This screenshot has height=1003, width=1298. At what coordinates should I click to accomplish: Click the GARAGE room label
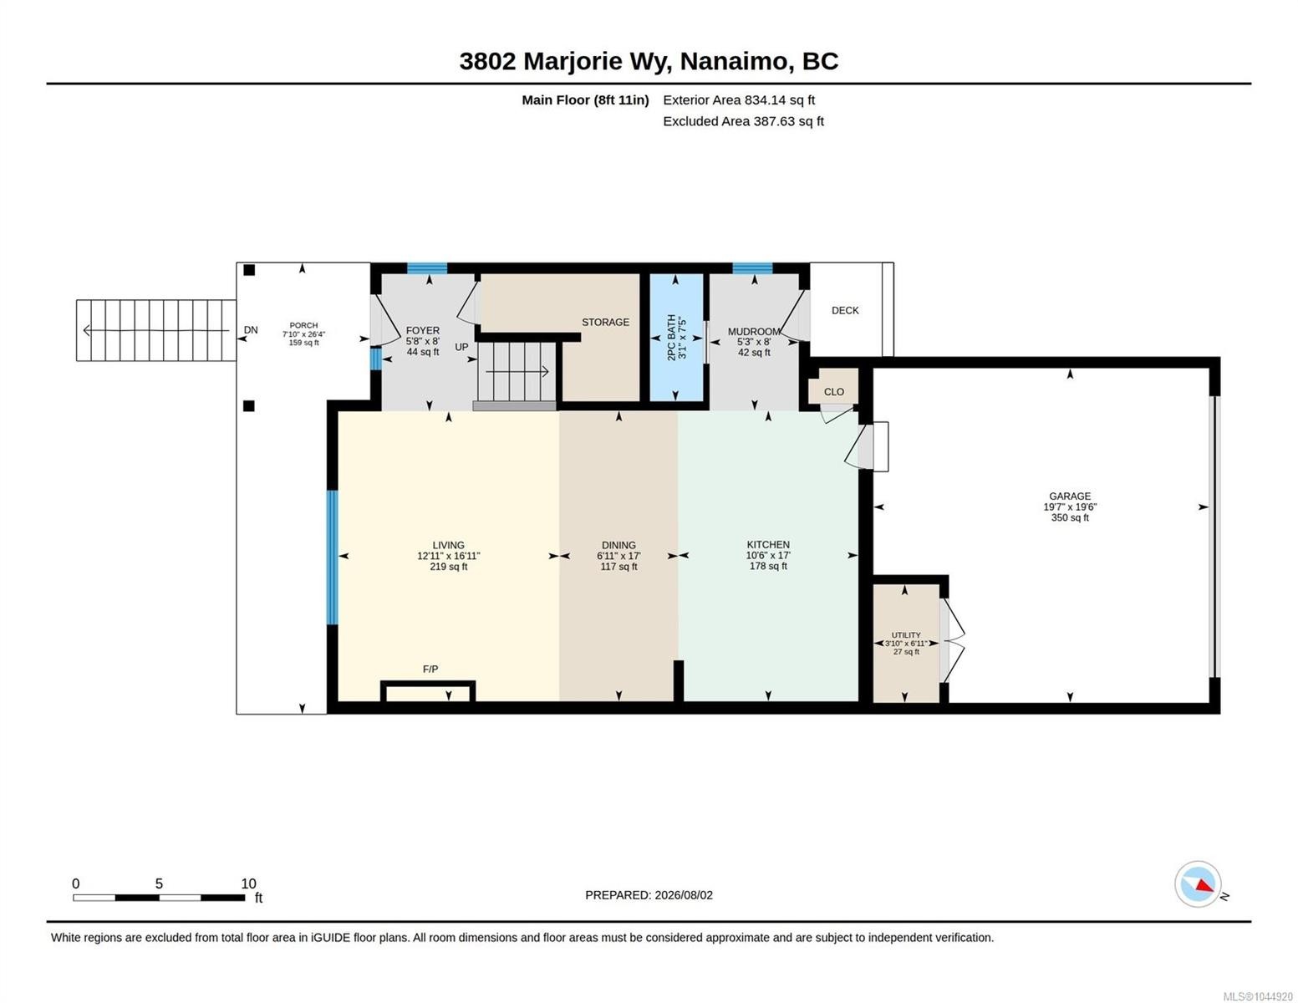pyautogui.click(x=1069, y=496)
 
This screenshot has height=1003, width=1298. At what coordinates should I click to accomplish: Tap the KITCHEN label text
pyautogui.click(x=767, y=544)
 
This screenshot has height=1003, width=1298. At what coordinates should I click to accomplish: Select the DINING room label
pyautogui.click(x=618, y=545)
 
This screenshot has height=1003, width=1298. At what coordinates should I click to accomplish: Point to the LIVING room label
pyautogui.click(x=448, y=545)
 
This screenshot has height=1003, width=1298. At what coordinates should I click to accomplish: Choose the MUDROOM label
pyautogui.click(x=753, y=332)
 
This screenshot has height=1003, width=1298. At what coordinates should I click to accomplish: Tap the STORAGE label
pyautogui.click(x=605, y=322)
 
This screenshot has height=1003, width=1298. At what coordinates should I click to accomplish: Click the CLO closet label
pyautogui.click(x=833, y=392)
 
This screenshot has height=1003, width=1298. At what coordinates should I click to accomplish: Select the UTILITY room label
pyautogui.click(x=905, y=635)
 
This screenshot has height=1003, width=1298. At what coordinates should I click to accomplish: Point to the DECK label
pyautogui.click(x=845, y=310)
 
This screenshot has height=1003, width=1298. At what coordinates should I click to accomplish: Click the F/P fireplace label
pyautogui.click(x=430, y=669)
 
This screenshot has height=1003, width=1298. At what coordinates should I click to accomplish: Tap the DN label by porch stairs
pyautogui.click(x=251, y=330)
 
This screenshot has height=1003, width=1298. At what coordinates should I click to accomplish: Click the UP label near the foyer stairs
pyautogui.click(x=461, y=347)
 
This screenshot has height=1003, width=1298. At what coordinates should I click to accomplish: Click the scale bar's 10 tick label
pyautogui.click(x=248, y=883)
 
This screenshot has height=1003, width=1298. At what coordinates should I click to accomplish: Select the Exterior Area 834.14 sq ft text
pyautogui.click(x=738, y=99)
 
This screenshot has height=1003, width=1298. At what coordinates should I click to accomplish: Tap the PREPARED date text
pyautogui.click(x=649, y=895)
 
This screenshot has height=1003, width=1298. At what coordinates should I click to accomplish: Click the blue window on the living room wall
pyautogui.click(x=332, y=558)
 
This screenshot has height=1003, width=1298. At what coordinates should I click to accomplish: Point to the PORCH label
pyautogui.click(x=303, y=326)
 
